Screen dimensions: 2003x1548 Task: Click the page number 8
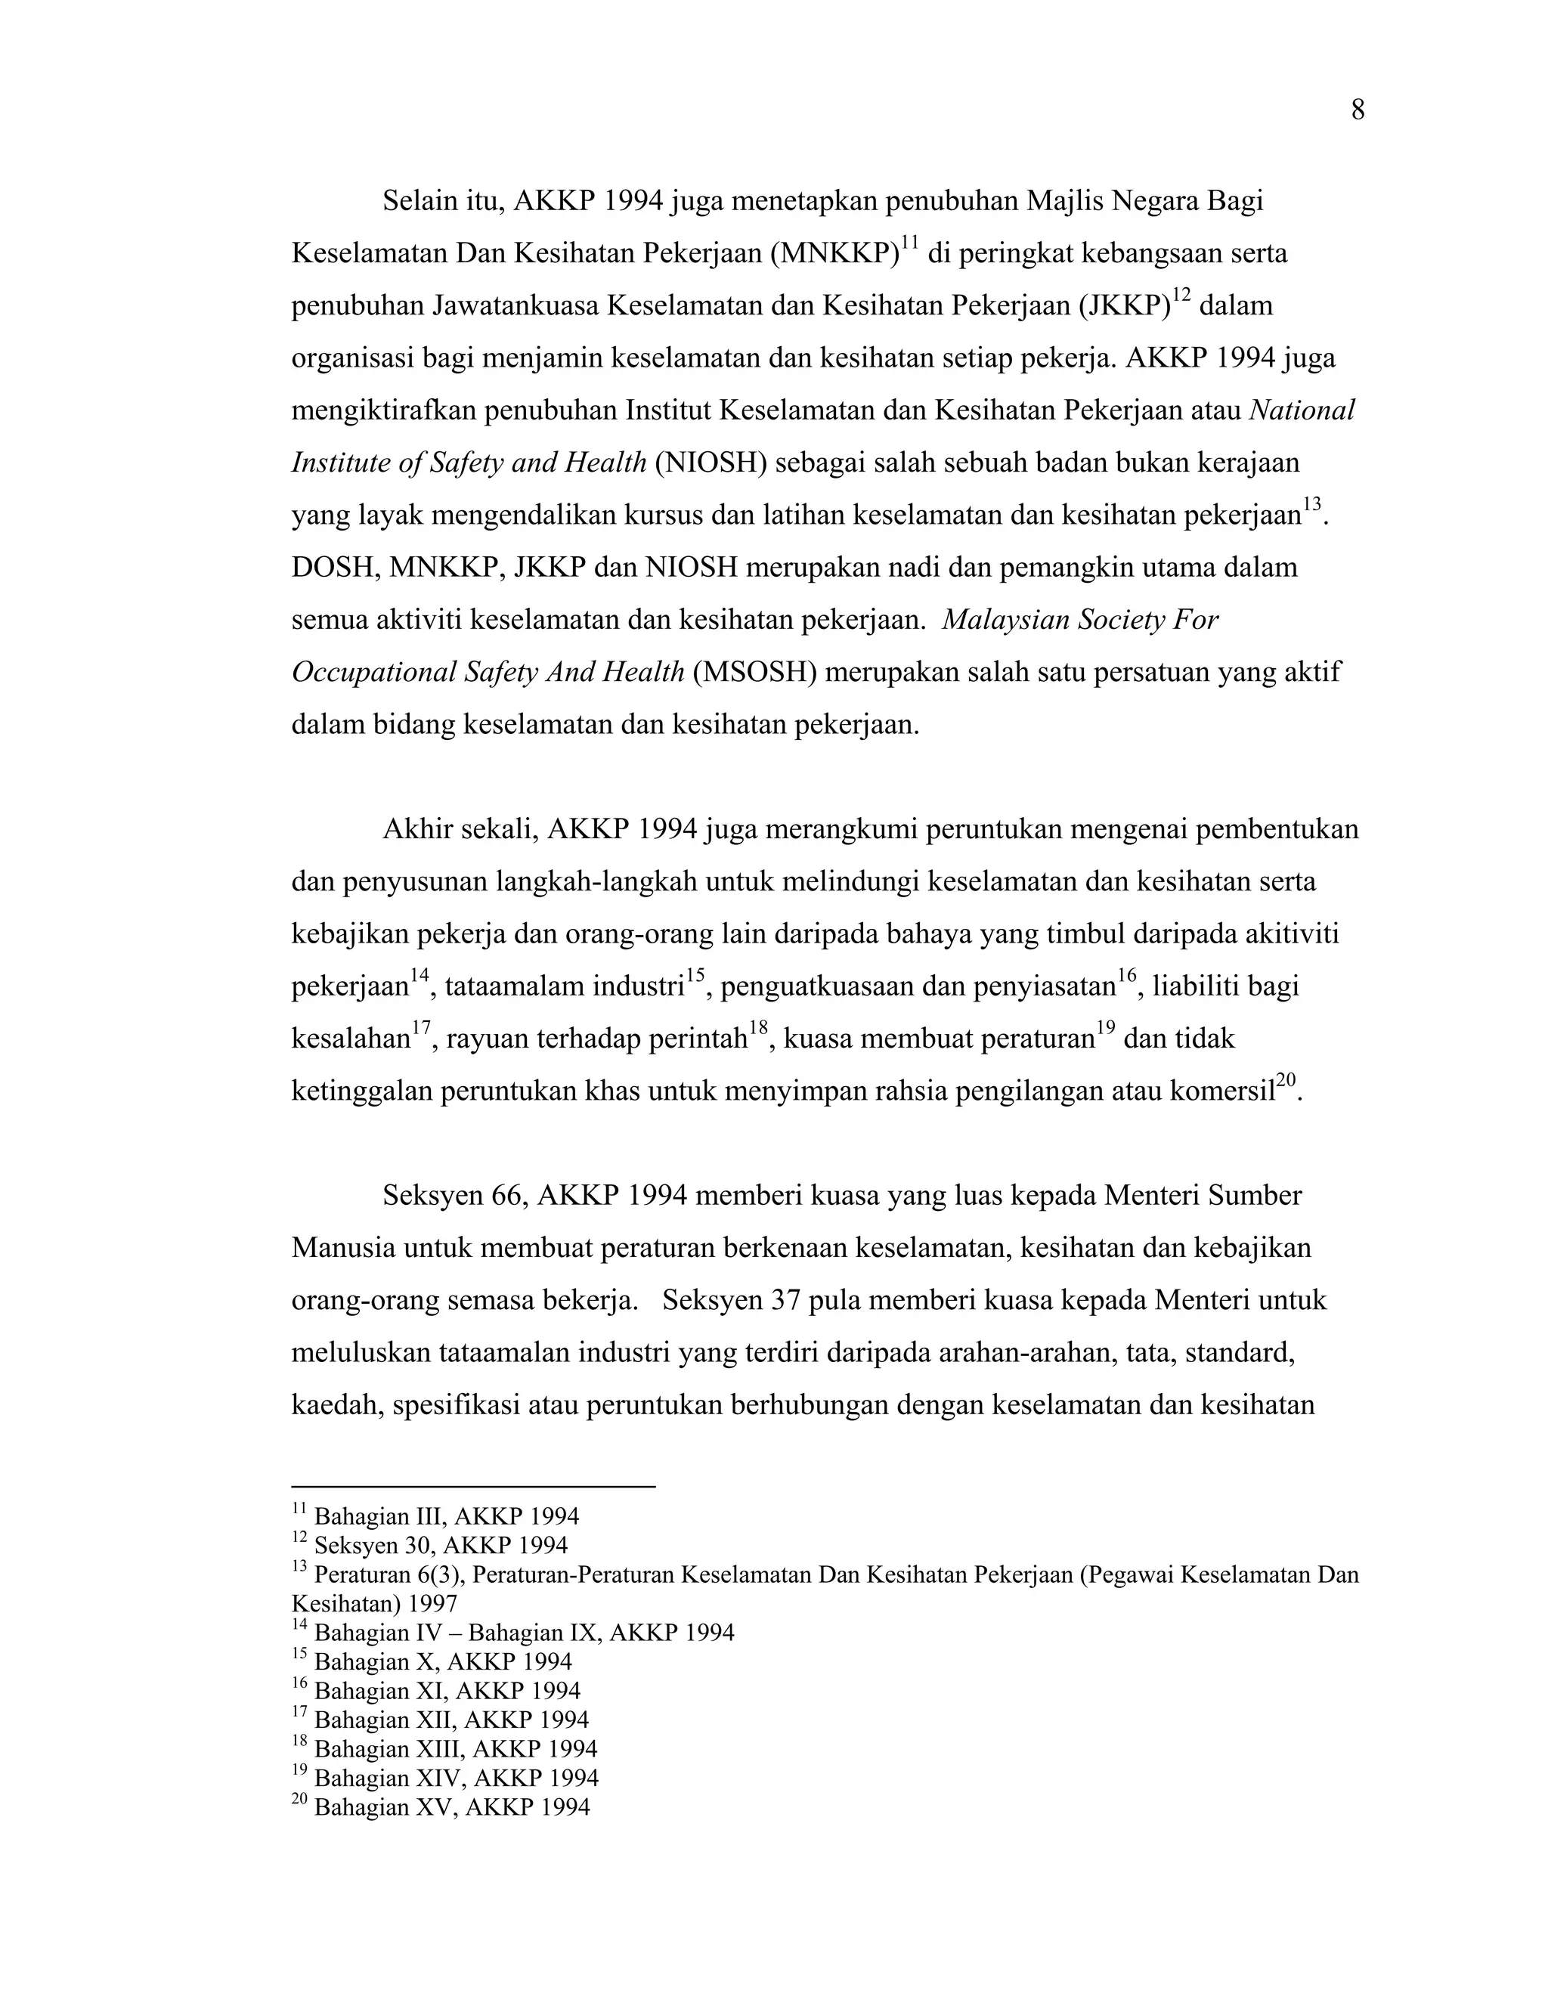(1358, 111)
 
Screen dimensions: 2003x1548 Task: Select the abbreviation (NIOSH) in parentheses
(711, 463)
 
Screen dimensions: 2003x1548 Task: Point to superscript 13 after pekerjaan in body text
(1312, 504)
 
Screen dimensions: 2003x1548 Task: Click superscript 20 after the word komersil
(1286, 1082)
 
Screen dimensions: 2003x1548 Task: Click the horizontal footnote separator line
(472, 1487)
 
